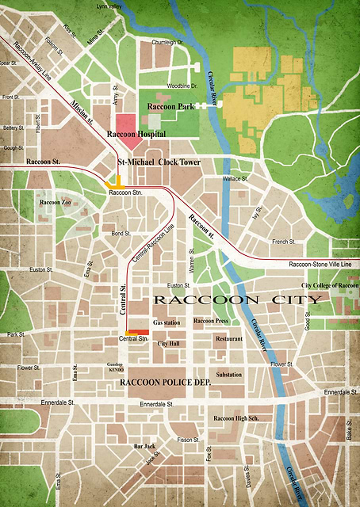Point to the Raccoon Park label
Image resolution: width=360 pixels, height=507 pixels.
[170, 105]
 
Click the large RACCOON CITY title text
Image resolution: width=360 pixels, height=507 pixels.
[237, 300]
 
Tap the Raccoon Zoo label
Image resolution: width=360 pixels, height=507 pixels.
[56, 203]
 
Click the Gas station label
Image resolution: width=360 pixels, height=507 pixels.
[167, 323]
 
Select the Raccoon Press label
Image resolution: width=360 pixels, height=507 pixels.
[212, 321]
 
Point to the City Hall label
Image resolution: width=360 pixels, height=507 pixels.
[168, 344]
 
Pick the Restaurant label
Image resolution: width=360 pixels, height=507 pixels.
[229, 339]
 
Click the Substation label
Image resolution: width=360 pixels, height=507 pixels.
[229, 374]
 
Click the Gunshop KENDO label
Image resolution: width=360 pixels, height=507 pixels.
[116, 367]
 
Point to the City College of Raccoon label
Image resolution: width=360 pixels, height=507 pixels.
[330, 285]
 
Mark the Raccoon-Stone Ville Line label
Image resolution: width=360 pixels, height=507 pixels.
[320, 265]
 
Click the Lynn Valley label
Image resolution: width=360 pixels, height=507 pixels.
[110, 6]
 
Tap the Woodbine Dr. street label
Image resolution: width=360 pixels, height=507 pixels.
[182, 86]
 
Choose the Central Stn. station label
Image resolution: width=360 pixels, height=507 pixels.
[133, 339]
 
